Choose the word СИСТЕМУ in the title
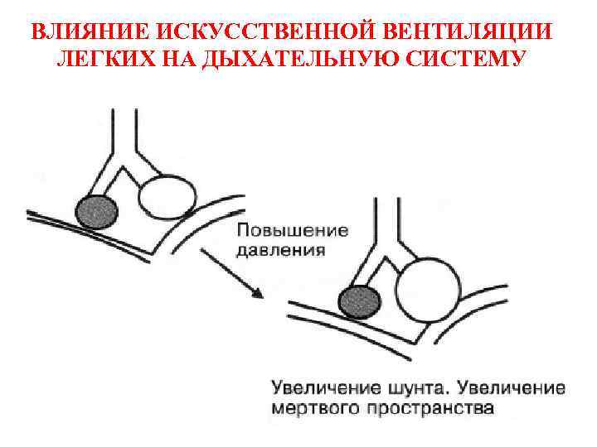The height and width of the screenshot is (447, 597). coord(461,60)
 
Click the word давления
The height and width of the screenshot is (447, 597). coord(280,248)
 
